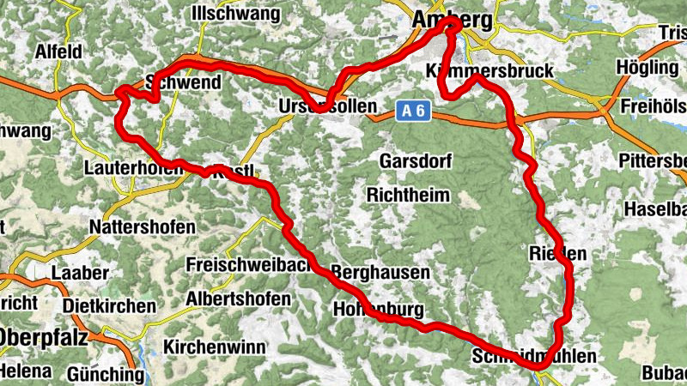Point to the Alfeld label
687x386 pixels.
(58, 51)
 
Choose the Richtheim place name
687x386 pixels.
(408, 195)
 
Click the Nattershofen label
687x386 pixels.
(143, 227)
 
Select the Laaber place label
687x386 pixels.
(80, 273)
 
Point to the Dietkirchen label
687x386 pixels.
(109, 306)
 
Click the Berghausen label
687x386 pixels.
(380, 272)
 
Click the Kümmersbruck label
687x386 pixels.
(489, 71)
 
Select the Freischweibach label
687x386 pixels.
(249, 264)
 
